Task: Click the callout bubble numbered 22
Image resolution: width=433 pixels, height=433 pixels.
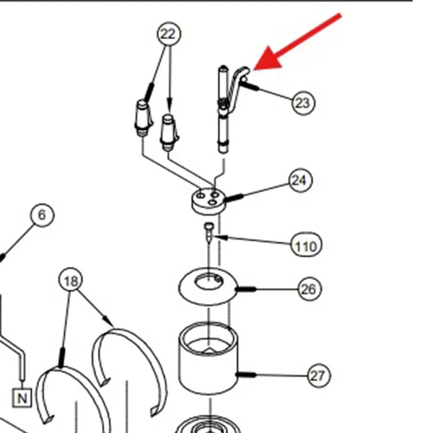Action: pos(169,34)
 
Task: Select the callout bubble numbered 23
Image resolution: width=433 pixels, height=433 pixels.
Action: pos(303,103)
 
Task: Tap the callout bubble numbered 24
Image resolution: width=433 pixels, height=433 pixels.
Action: pos(300,180)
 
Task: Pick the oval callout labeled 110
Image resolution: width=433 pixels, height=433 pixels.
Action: pos(306,245)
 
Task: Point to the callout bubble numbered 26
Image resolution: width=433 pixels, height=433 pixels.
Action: pos(310,289)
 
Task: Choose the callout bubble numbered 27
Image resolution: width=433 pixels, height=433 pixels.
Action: pos(318,375)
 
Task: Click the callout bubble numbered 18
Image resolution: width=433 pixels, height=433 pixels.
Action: pos(71,280)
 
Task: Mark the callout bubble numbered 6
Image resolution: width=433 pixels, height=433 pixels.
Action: pos(42,215)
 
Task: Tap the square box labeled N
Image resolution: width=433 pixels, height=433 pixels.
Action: pos(22,398)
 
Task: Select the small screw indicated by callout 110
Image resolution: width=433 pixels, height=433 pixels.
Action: pos(209,232)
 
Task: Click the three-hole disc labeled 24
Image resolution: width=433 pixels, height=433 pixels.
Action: pos(209,201)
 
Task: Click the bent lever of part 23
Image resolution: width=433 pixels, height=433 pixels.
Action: pos(235,88)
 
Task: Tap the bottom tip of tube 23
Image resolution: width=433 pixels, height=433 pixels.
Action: pos(223,152)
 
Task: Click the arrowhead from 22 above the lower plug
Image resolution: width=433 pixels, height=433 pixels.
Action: pos(170,107)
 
